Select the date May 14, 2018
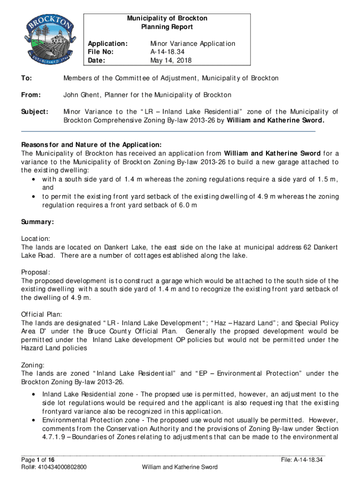[x=171, y=60]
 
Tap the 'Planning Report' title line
[x=167, y=27]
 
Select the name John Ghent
[x=80, y=95]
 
